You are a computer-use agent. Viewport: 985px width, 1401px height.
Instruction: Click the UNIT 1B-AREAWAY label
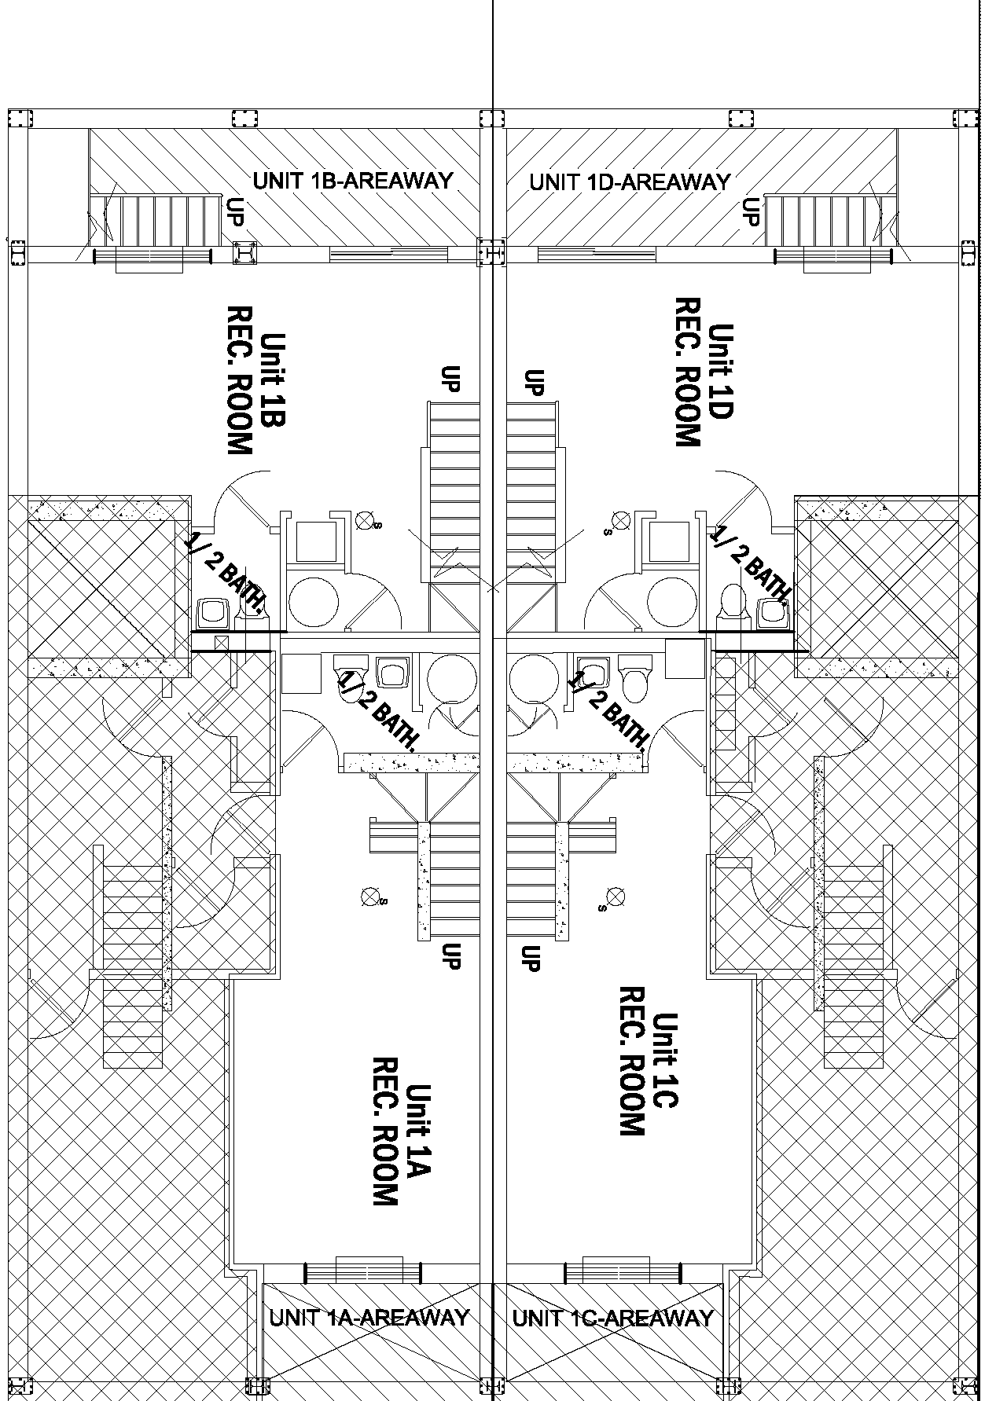click(353, 180)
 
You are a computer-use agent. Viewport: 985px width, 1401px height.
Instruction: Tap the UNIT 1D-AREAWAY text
click(630, 182)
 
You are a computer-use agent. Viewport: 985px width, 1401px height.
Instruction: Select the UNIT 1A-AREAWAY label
click(369, 1317)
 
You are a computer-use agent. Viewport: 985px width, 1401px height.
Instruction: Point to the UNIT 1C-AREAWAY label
click(613, 1318)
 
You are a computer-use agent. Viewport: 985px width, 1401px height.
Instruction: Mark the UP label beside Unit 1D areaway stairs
click(752, 211)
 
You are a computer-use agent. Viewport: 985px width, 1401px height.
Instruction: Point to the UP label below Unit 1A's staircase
click(451, 955)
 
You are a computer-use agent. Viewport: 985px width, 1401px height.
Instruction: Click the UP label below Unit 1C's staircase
click(531, 957)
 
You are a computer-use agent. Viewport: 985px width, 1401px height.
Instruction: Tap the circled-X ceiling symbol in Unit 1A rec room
click(369, 895)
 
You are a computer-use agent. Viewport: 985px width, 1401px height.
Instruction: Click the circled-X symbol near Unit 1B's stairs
click(364, 519)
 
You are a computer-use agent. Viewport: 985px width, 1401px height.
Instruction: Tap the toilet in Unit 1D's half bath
click(732, 600)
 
